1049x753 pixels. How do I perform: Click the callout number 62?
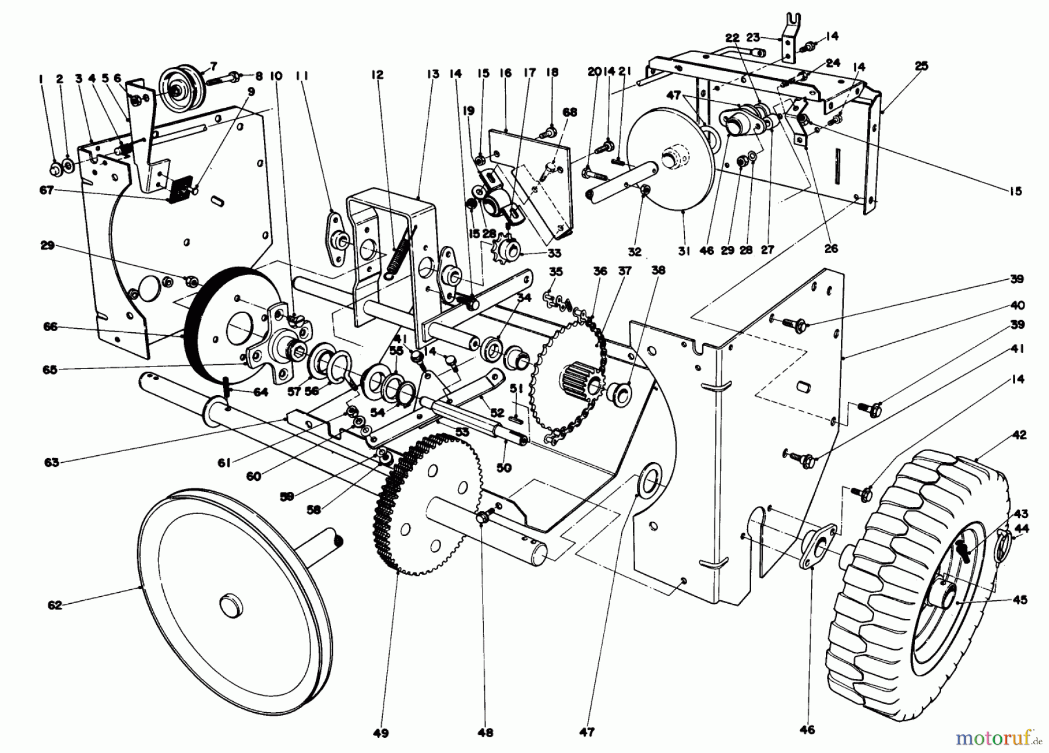(x=55, y=606)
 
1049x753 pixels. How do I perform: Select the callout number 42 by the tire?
(x=1019, y=435)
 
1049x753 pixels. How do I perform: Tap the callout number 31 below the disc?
(x=684, y=251)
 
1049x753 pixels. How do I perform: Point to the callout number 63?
(x=51, y=463)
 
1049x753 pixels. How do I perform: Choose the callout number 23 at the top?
(x=753, y=37)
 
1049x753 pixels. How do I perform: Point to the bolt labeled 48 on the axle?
(x=483, y=516)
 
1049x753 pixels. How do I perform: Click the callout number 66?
(x=50, y=327)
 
